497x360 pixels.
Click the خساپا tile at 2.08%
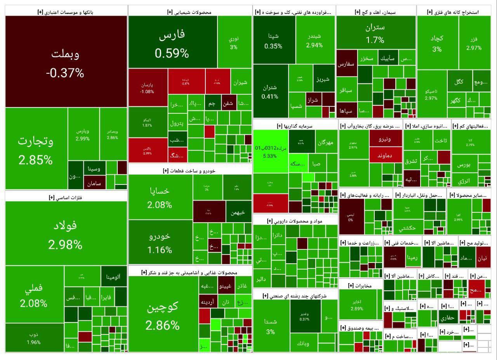[x=160, y=197]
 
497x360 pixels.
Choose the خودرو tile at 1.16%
[x=160, y=242]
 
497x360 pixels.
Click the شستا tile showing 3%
[x=271, y=326]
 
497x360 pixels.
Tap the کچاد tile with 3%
[x=437, y=43]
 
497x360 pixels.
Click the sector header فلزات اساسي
[x=66, y=197]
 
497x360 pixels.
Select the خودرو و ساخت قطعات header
[x=189, y=170]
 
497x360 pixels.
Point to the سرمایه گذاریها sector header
[x=295, y=126]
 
